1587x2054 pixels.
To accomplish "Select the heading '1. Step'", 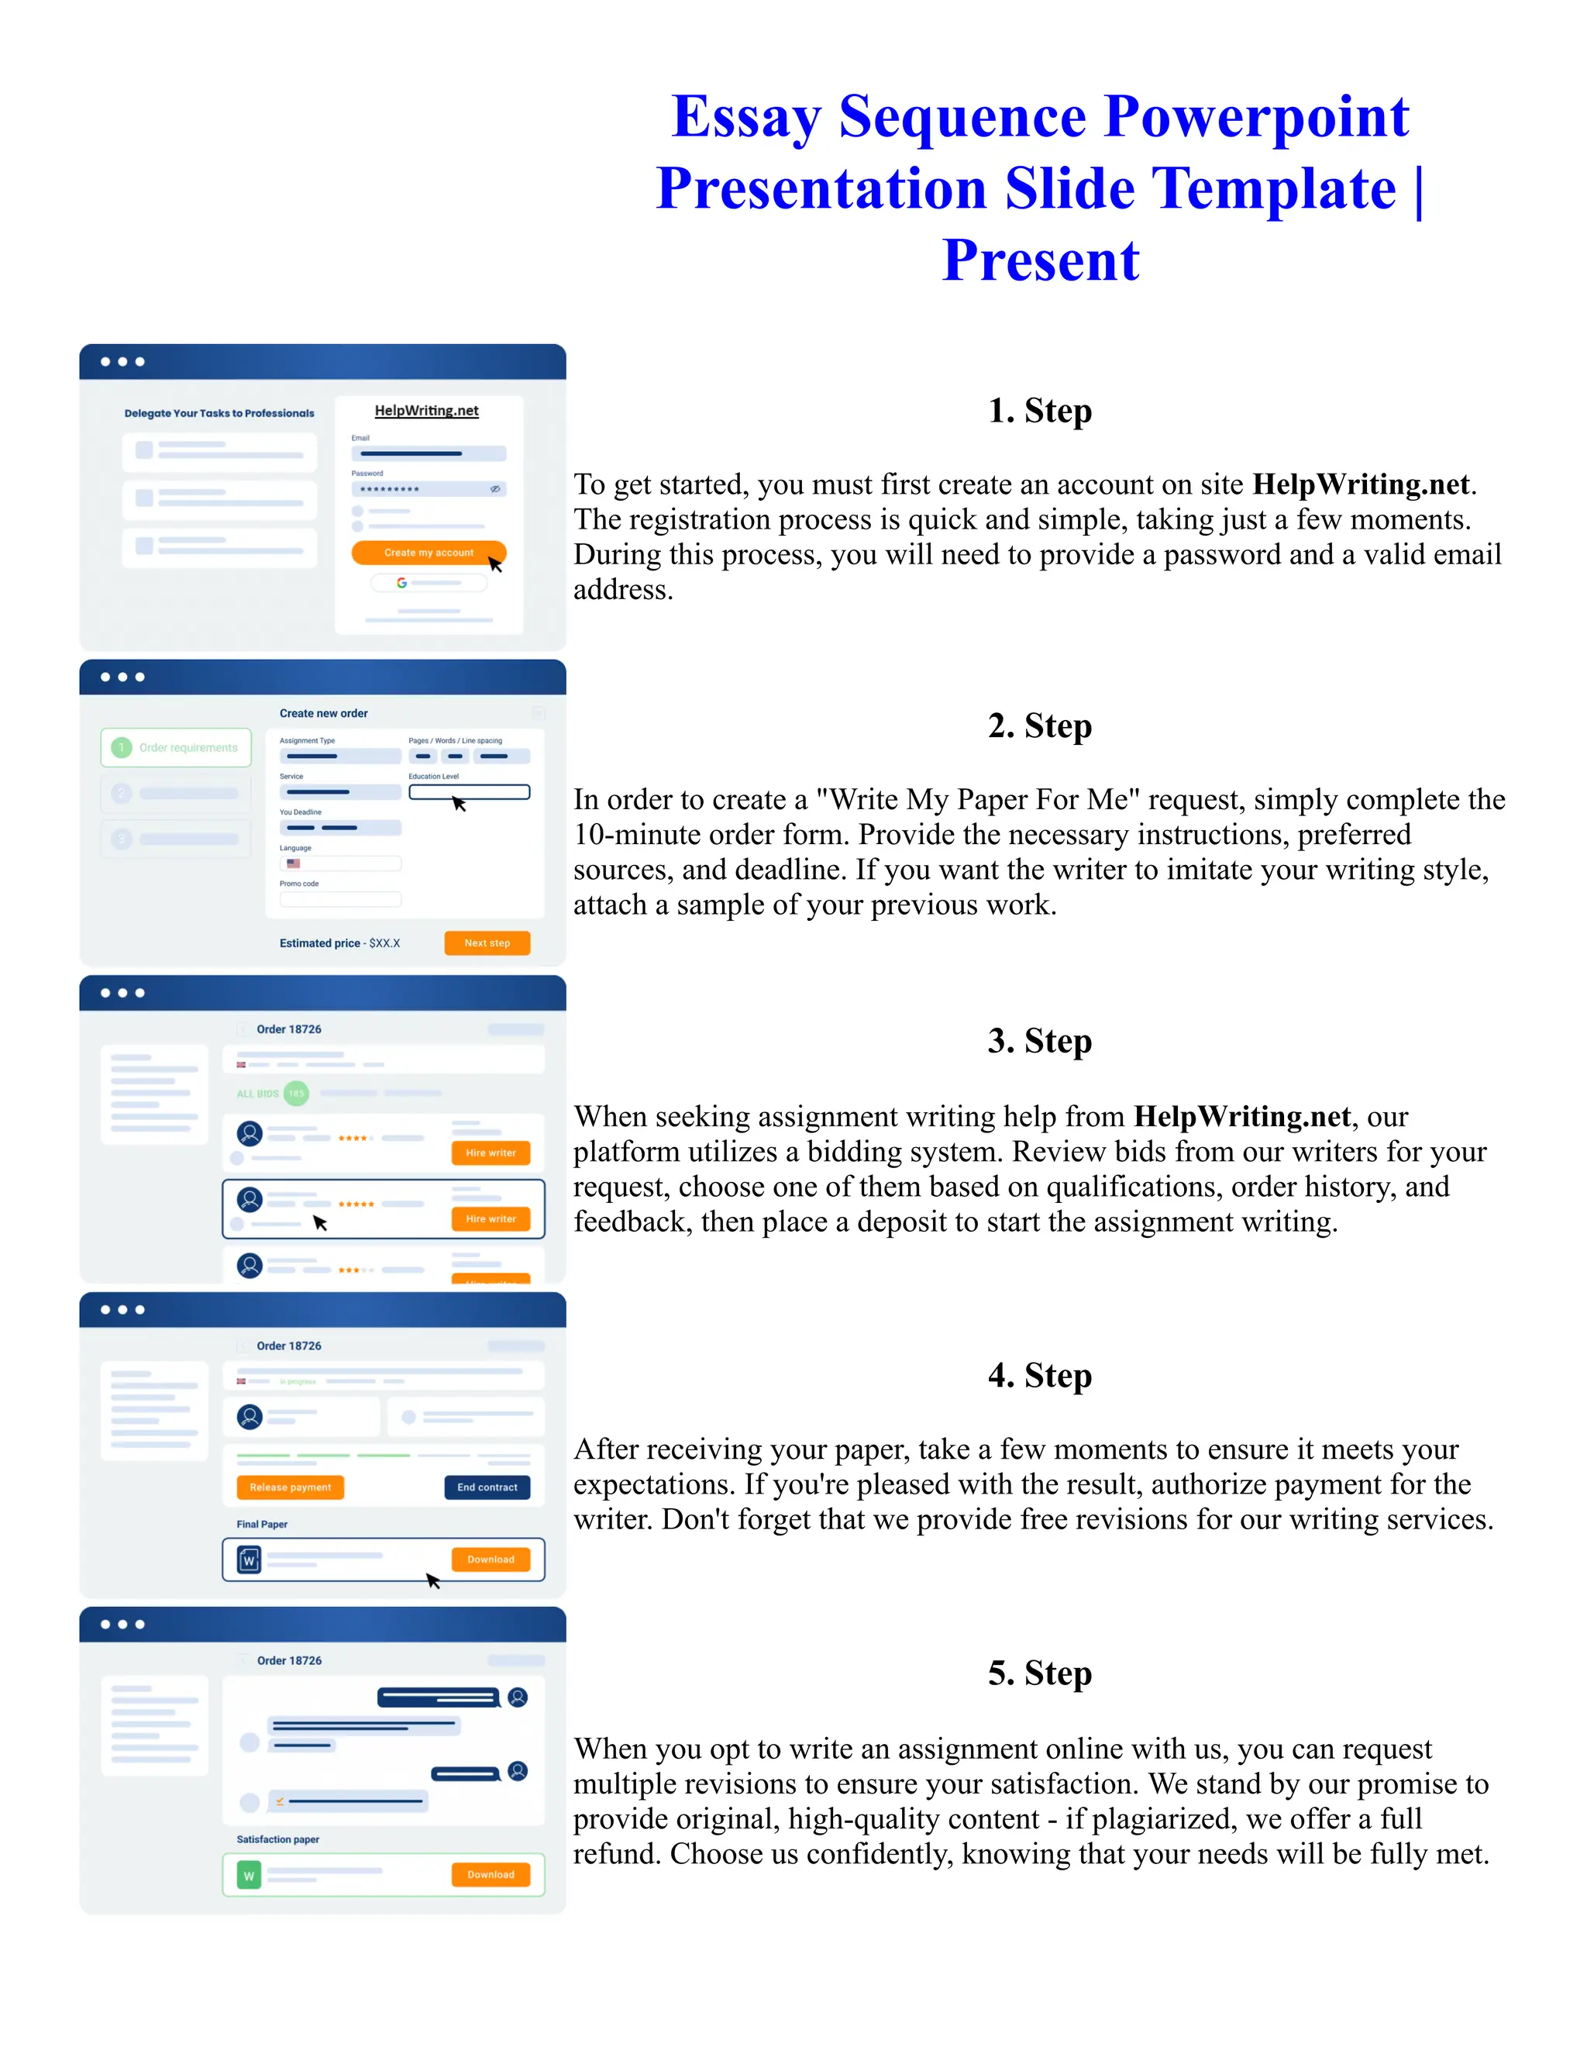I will (1039, 411).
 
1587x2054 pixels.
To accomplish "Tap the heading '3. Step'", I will (1039, 1041).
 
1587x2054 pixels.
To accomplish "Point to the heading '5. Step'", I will (1039, 1673).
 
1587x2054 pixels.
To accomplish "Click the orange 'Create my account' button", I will (428, 553).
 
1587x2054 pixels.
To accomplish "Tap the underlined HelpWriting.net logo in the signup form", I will (427, 411).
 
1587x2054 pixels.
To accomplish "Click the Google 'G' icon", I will (401, 583).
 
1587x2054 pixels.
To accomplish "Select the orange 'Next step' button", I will (487, 943).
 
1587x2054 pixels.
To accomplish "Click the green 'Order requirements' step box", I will (176, 748).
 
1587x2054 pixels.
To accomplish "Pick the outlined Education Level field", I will (469, 792).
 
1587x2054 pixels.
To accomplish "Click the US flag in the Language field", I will (294, 863).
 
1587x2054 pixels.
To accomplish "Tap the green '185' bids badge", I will (296, 1094).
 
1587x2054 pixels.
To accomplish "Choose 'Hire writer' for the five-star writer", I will (491, 1219).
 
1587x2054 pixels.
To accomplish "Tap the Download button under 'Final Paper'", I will (491, 1559).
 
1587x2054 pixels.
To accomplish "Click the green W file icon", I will (250, 1875).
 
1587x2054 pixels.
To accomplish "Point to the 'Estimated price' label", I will (320, 943).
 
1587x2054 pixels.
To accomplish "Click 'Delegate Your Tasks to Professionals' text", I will (219, 413).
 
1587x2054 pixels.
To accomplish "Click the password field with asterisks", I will (428, 489).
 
